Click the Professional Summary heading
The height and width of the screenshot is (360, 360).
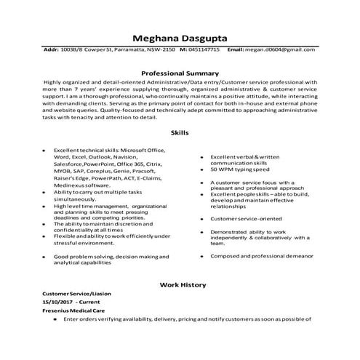(x=180, y=73)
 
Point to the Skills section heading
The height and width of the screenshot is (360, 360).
(x=180, y=133)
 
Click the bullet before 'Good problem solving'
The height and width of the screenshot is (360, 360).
(x=45, y=257)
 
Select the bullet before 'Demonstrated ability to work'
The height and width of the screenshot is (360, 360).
(x=201, y=232)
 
